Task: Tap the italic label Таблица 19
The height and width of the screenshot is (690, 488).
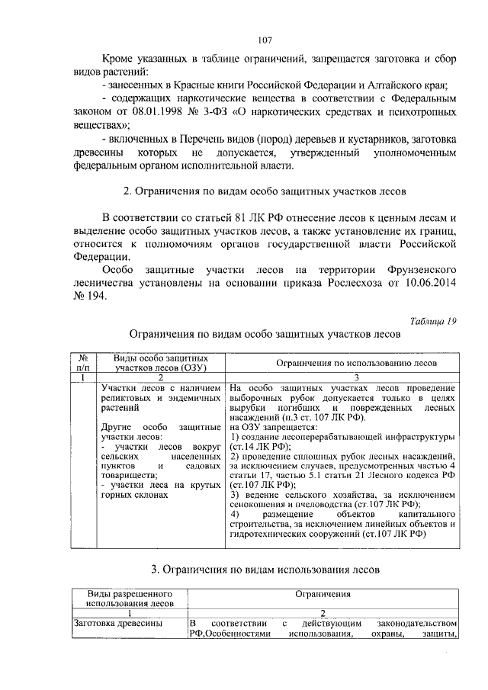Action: [432, 320]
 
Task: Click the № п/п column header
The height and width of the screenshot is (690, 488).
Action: [85, 363]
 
